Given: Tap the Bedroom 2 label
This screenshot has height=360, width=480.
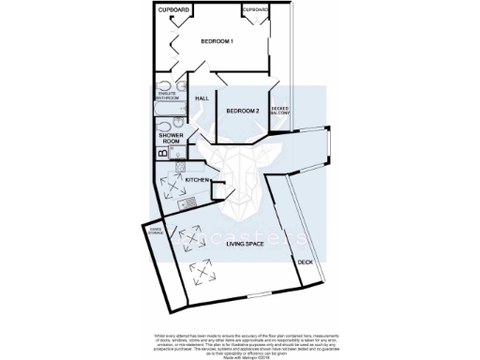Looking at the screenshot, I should point(243,111).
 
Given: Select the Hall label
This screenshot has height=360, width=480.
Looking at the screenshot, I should point(202,98).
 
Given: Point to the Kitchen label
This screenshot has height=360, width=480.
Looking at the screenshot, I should point(195,178).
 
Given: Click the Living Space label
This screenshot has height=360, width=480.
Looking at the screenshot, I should point(238,244).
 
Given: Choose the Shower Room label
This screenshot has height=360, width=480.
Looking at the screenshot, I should point(170,139).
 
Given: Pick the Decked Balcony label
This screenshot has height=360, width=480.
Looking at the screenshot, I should point(281,112).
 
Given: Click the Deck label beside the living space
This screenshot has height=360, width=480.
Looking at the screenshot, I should point(306,262).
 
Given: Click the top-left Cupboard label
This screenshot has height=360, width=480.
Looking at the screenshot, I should point(173,10).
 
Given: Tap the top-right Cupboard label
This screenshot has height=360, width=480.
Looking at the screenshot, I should point(256,10).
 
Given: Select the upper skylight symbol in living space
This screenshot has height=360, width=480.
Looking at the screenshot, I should point(192,240).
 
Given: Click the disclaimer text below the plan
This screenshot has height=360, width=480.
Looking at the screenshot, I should point(239,342).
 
